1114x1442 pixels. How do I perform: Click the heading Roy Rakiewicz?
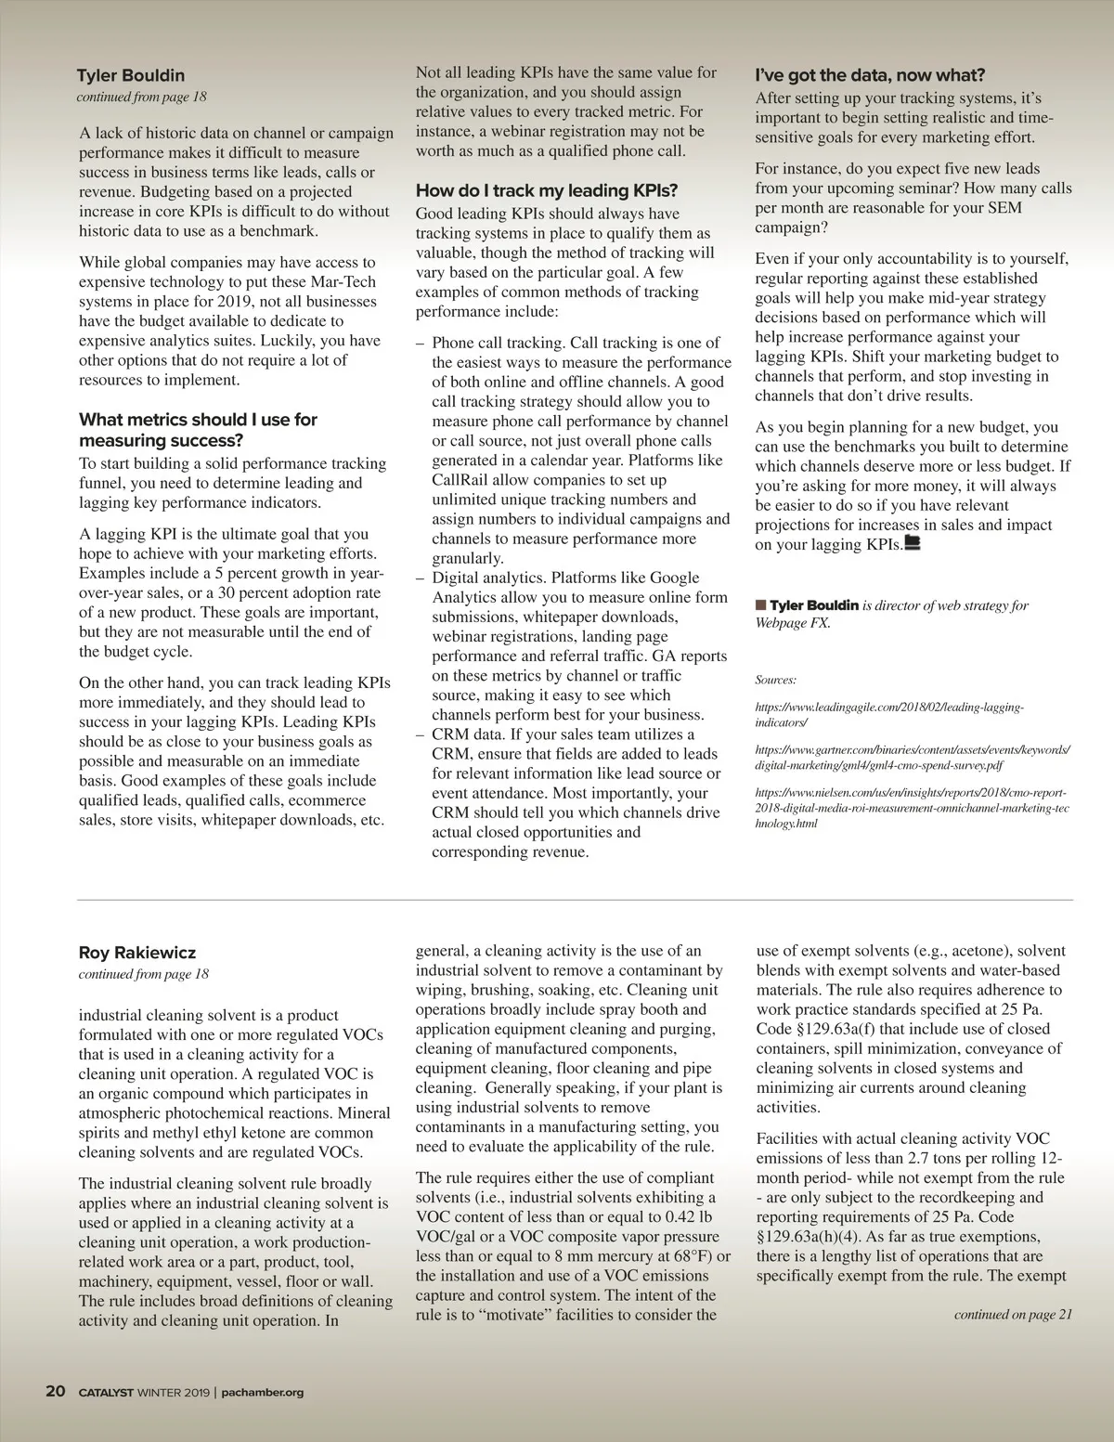(137, 953)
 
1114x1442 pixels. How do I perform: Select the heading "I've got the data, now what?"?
(870, 75)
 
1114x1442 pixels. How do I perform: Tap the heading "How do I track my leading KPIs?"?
(547, 190)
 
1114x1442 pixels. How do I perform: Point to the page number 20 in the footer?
(56, 1391)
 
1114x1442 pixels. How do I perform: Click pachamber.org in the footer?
(263, 1392)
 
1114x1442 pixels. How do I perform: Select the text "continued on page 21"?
(1013, 1314)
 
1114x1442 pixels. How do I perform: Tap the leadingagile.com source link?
(888, 714)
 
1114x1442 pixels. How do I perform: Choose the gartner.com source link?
(913, 758)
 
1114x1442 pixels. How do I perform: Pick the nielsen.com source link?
(912, 808)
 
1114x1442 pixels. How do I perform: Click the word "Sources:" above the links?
(775, 680)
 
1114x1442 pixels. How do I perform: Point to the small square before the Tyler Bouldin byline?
(761, 605)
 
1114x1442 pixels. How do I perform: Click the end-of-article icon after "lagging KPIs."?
(912, 544)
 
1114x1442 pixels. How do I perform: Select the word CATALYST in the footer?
(106, 1392)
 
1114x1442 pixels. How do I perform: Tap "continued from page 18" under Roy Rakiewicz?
(144, 974)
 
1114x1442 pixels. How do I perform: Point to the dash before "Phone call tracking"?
(421, 344)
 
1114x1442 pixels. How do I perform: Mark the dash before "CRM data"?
(421, 734)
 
